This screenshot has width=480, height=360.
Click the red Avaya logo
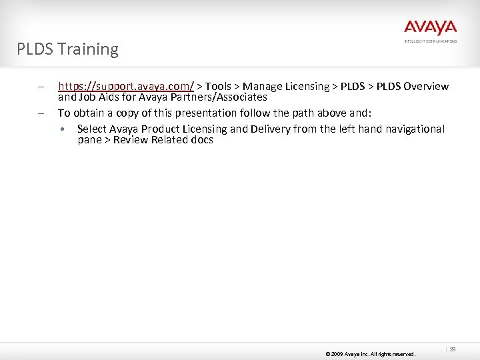click(430, 28)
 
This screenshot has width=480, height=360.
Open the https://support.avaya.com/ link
click(126, 86)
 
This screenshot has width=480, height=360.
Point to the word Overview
click(426, 86)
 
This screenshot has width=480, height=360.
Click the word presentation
click(203, 113)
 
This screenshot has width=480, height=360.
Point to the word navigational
click(413, 129)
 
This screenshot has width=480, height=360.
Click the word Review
click(131, 140)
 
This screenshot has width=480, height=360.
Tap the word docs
click(201, 140)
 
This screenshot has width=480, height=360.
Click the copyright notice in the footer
click(370, 354)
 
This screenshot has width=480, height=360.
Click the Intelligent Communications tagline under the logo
click(430, 41)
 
